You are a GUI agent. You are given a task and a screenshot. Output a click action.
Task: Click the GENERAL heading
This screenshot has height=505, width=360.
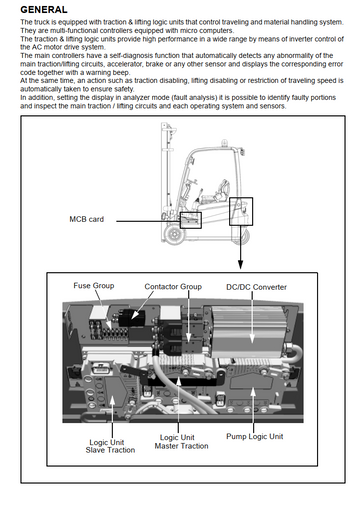coord(44,10)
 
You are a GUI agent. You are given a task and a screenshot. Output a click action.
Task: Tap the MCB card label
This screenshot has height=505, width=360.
coord(87,219)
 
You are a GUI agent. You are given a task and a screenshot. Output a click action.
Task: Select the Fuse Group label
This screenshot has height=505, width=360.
coord(94,286)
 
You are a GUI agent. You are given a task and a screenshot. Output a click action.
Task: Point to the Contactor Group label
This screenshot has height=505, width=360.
coord(173,287)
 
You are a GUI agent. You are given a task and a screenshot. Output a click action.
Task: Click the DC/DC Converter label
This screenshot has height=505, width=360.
coord(256,287)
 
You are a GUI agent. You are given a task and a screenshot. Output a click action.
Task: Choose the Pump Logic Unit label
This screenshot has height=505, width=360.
coord(255,436)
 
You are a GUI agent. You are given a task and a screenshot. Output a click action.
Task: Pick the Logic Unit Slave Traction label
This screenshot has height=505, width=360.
coord(110,446)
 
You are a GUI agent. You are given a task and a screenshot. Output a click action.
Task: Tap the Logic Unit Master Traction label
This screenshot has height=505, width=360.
coord(181,442)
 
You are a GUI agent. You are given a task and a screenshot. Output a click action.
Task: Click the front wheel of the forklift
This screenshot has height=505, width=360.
coord(175,234)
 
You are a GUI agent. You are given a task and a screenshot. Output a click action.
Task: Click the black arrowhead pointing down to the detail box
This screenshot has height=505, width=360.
coord(240,265)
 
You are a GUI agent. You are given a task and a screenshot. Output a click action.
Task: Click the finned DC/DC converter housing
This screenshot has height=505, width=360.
coord(249,332)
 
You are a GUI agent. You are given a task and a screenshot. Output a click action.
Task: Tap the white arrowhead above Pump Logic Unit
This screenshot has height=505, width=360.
coord(253,392)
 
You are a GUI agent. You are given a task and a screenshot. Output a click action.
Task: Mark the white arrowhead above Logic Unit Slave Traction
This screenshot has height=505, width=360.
coord(112,401)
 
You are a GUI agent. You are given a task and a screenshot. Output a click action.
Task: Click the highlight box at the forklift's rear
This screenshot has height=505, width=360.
coord(241,211)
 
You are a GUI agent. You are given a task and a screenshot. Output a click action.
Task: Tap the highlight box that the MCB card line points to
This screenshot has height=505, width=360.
coord(191,220)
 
